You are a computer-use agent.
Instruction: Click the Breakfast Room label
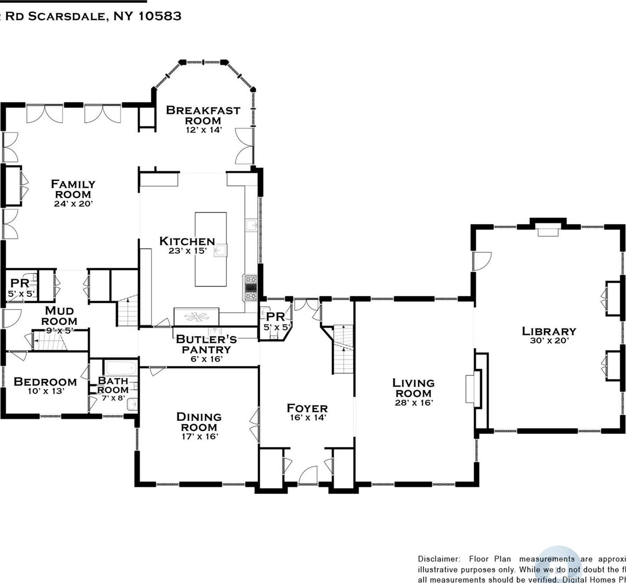click(203, 115)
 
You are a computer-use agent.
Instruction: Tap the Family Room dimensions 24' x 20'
click(73, 204)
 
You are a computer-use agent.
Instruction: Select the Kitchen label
click(187, 241)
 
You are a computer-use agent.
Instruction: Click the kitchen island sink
click(220, 251)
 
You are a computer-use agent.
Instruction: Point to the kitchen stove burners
click(250, 288)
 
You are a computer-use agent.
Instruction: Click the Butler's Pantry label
click(206, 344)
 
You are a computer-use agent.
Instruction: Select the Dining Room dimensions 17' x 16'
click(200, 437)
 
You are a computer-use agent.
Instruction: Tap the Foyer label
click(307, 408)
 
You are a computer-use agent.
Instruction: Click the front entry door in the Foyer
click(308, 476)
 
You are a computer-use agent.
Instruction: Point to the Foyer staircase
click(343, 349)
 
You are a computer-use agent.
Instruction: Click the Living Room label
click(413, 388)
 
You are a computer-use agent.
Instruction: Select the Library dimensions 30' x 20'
click(549, 341)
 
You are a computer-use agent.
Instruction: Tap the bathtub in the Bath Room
click(121, 367)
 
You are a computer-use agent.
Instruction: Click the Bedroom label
click(45, 382)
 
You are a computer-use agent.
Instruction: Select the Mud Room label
click(59, 316)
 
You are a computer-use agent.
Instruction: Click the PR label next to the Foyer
click(275, 316)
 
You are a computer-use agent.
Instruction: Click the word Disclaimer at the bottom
click(439, 559)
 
